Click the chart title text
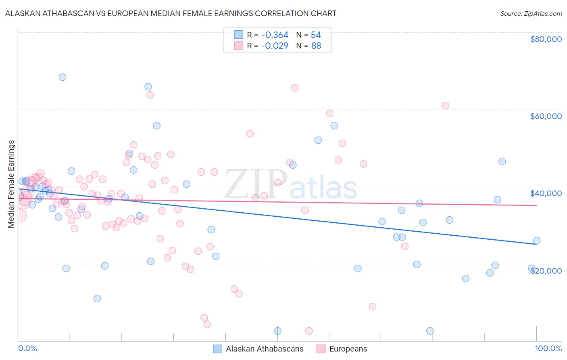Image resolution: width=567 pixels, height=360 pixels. click(171, 13)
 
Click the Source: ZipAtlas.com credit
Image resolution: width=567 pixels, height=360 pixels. click(531, 13)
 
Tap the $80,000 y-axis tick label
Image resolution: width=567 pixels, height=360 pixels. click(546, 39)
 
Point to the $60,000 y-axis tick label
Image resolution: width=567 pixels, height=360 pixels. click(546, 116)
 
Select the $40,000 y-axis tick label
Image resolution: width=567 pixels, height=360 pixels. click(546, 193)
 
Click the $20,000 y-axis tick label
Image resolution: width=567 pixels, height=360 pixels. click(546, 271)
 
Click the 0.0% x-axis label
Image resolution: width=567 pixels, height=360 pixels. click(27, 348)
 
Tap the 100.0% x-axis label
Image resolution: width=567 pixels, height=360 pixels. click(548, 348)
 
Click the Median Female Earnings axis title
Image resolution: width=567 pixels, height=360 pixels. click(11, 184)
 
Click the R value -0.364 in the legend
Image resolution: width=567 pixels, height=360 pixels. click(274, 35)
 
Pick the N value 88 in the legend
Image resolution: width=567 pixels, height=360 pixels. click(316, 46)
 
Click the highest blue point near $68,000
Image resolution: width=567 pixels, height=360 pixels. click(63, 77)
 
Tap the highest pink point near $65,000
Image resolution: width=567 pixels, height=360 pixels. click(295, 88)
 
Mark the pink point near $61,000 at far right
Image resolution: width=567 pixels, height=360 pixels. click(446, 105)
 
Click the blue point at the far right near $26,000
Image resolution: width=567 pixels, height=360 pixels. click(537, 241)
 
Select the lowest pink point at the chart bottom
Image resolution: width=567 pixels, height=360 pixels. click(309, 331)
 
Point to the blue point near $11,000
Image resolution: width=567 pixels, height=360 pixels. click(97, 299)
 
